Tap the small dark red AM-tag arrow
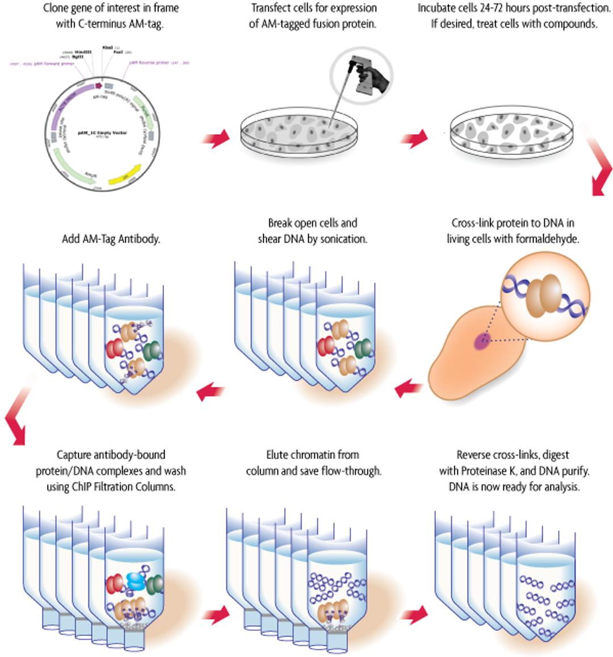click(x=98, y=86)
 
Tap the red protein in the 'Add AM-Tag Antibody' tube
click(x=115, y=348)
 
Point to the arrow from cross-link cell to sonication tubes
click(x=409, y=389)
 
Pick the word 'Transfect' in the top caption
click(x=270, y=9)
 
